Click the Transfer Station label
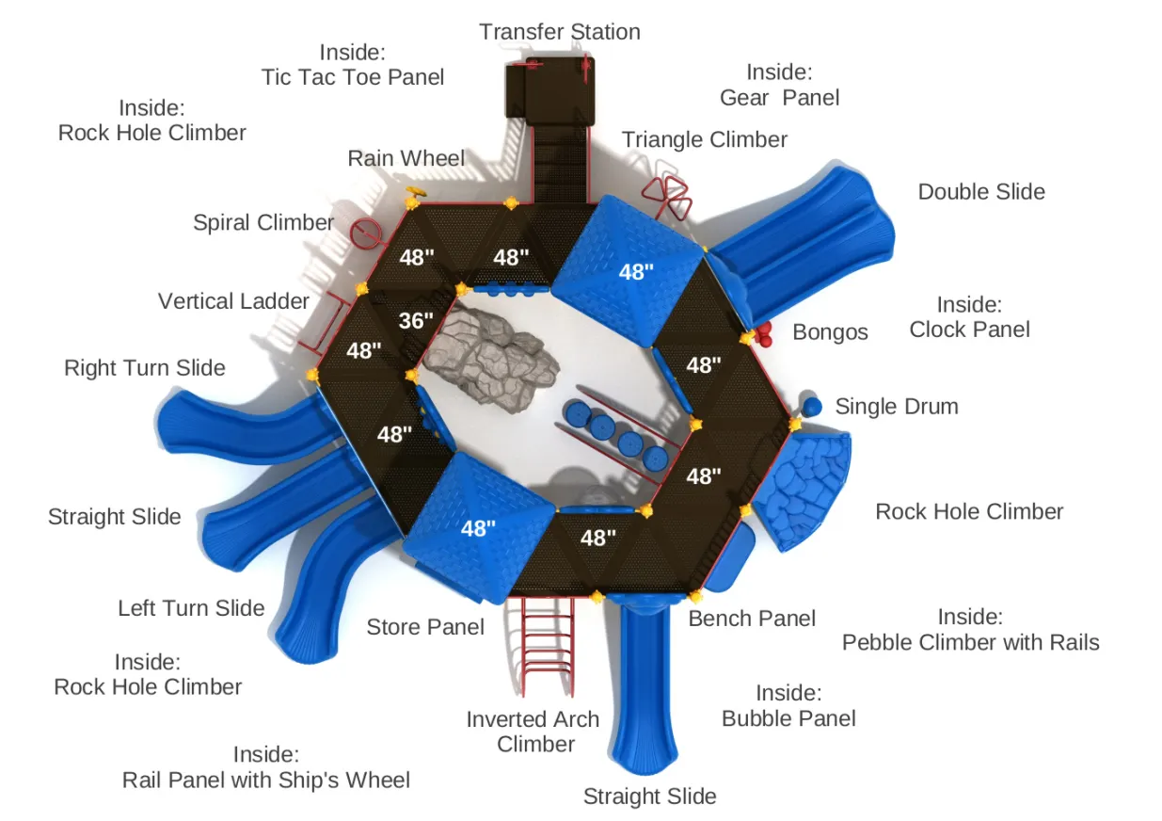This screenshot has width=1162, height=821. (559, 32)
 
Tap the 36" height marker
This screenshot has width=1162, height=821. (415, 321)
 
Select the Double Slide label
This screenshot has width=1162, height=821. (981, 192)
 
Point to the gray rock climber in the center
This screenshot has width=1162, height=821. (488, 358)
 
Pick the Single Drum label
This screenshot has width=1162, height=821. (897, 407)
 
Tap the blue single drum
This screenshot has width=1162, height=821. (812, 407)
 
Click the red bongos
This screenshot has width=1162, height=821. (763, 332)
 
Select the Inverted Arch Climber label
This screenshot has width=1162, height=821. (533, 732)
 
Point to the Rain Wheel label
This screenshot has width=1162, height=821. (406, 158)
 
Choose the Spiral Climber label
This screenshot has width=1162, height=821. (263, 223)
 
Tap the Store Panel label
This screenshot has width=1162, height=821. (425, 627)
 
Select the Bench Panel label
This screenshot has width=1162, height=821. (752, 619)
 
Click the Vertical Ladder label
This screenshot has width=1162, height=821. (233, 301)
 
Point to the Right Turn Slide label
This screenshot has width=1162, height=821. (145, 367)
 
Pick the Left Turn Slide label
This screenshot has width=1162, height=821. (191, 608)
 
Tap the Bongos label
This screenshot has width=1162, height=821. (830, 332)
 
